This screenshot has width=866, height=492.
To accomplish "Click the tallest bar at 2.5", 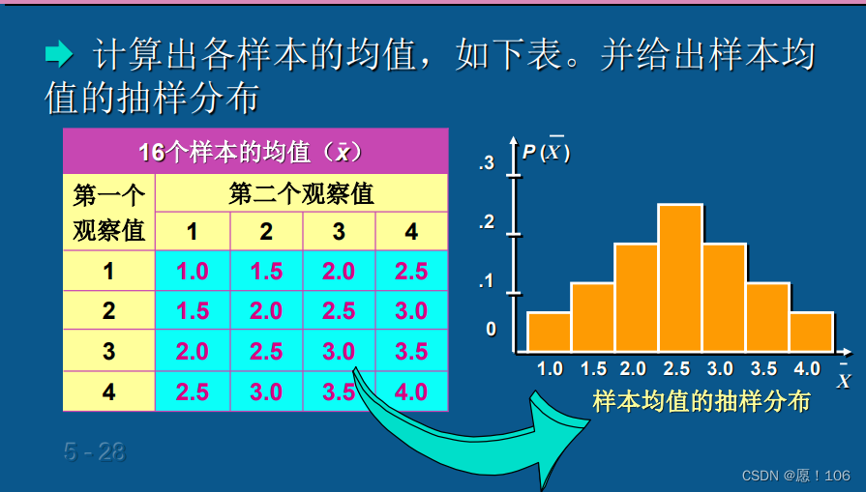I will (679, 278).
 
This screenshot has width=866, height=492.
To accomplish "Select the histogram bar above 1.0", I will (549, 332).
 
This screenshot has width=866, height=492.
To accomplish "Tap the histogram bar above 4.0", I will (811, 332).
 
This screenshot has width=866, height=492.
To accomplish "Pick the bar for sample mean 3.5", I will (767, 317).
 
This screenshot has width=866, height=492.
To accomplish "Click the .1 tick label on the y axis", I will (487, 282).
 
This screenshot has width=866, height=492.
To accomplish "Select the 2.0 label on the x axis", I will (633, 368).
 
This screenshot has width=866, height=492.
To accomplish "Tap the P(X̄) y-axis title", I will (546, 152).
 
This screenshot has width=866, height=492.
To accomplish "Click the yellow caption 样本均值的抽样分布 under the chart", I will (701, 401).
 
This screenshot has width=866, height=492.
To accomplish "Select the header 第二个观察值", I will (301, 194).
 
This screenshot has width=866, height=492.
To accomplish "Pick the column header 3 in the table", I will (339, 232).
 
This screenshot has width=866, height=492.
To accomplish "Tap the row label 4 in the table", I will (108, 392).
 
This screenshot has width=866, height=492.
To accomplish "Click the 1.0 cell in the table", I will (193, 272).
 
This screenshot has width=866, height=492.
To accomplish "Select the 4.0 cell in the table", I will (411, 392).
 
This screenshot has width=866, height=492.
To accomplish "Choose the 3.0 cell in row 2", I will (411, 311).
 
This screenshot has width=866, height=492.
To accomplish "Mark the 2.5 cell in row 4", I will (193, 392).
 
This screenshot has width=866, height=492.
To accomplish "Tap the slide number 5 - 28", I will (95, 451).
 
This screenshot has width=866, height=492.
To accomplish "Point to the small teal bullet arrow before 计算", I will (59, 55).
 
